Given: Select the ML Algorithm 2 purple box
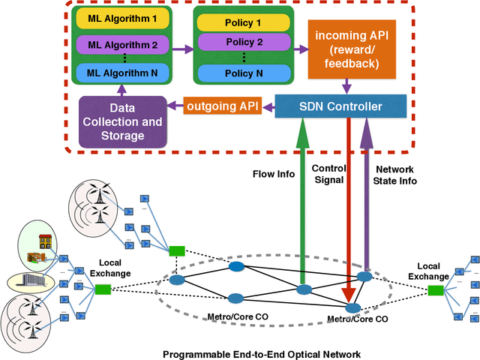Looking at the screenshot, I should pyautogui.click(x=122, y=44).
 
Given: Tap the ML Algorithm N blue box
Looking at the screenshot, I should pyautogui.click(x=122, y=73).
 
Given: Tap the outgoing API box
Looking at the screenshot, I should pyautogui.click(x=223, y=106).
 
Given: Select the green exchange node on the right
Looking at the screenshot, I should pyautogui.click(x=435, y=290).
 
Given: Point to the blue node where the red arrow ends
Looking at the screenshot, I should pyautogui.click(x=350, y=308).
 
